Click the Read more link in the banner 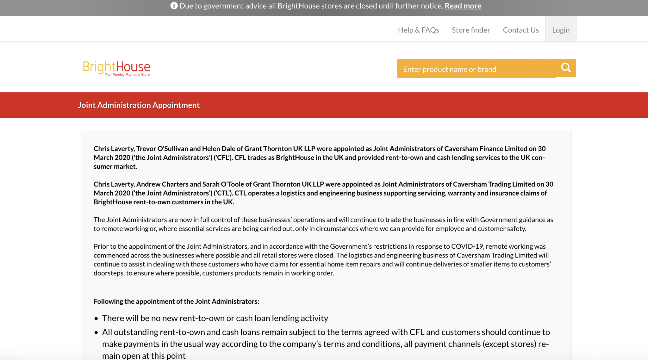[463, 6]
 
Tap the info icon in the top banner [174, 6]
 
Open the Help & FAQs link [418, 30]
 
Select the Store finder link [471, 30]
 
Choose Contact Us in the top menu [521, 30]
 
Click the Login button [561, 30]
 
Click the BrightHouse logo [116, 66]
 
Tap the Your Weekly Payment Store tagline [127, 75]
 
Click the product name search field [476, 69]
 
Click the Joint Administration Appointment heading [139, 105]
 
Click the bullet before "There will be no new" [96, 319]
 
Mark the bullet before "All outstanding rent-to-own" [96, 332]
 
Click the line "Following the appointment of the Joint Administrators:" [176, 301]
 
